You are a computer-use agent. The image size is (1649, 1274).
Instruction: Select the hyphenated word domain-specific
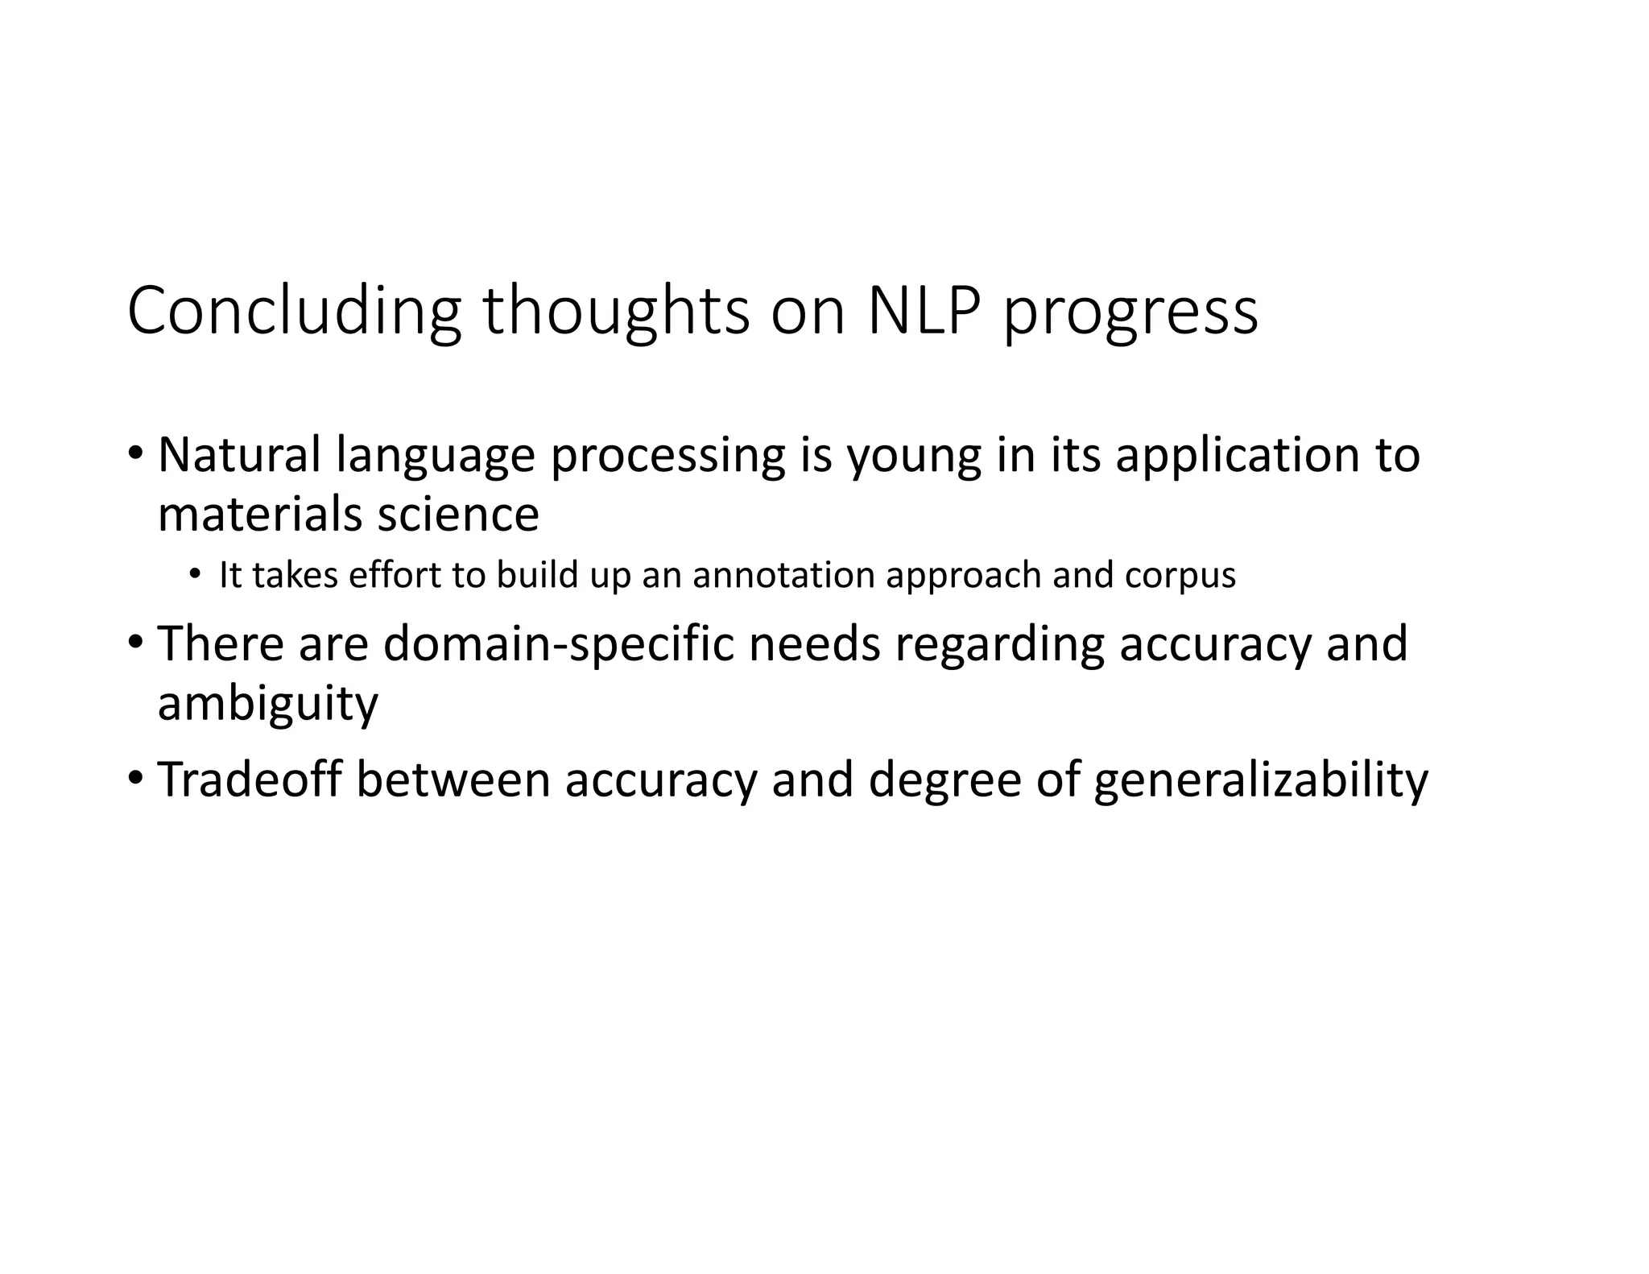(x=559, y=646)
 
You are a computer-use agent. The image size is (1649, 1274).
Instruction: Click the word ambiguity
(x=267, y=705)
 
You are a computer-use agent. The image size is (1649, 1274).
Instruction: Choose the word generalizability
(x=1260, y=783)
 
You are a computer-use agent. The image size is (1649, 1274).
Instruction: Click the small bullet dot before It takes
(x=195, y=575)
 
